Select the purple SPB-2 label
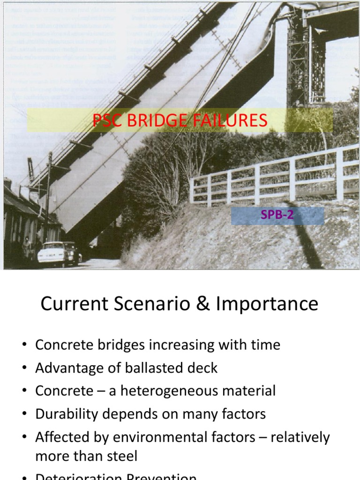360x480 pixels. (277, 216)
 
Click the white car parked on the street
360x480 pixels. (52, 254)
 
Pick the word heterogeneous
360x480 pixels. (170, 391)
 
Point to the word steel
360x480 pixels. (121, 456)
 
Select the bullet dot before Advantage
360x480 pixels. (25, 368)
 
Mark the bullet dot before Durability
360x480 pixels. (25, 414)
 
